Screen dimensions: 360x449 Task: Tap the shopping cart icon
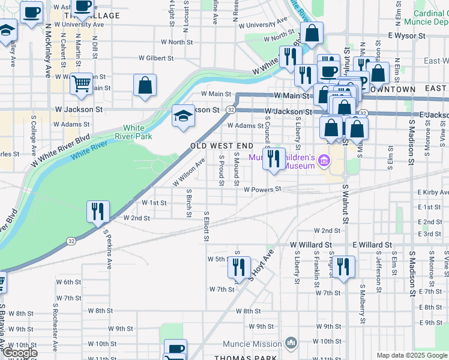[81, 85]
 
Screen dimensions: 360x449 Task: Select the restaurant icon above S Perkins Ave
[98, 211]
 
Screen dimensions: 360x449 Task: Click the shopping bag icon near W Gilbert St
[145, 85]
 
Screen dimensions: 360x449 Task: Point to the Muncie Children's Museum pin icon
[324, 161]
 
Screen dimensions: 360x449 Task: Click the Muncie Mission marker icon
[291, 343]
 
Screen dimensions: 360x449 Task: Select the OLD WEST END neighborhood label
[221, 146]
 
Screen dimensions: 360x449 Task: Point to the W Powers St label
[262, 190]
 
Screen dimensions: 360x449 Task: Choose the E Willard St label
[372, 245]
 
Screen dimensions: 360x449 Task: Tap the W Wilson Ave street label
[189, 171]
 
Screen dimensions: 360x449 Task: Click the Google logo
[19, 353]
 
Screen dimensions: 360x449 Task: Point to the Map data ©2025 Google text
[411, 355]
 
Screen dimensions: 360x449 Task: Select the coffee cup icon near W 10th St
[175, 350]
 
